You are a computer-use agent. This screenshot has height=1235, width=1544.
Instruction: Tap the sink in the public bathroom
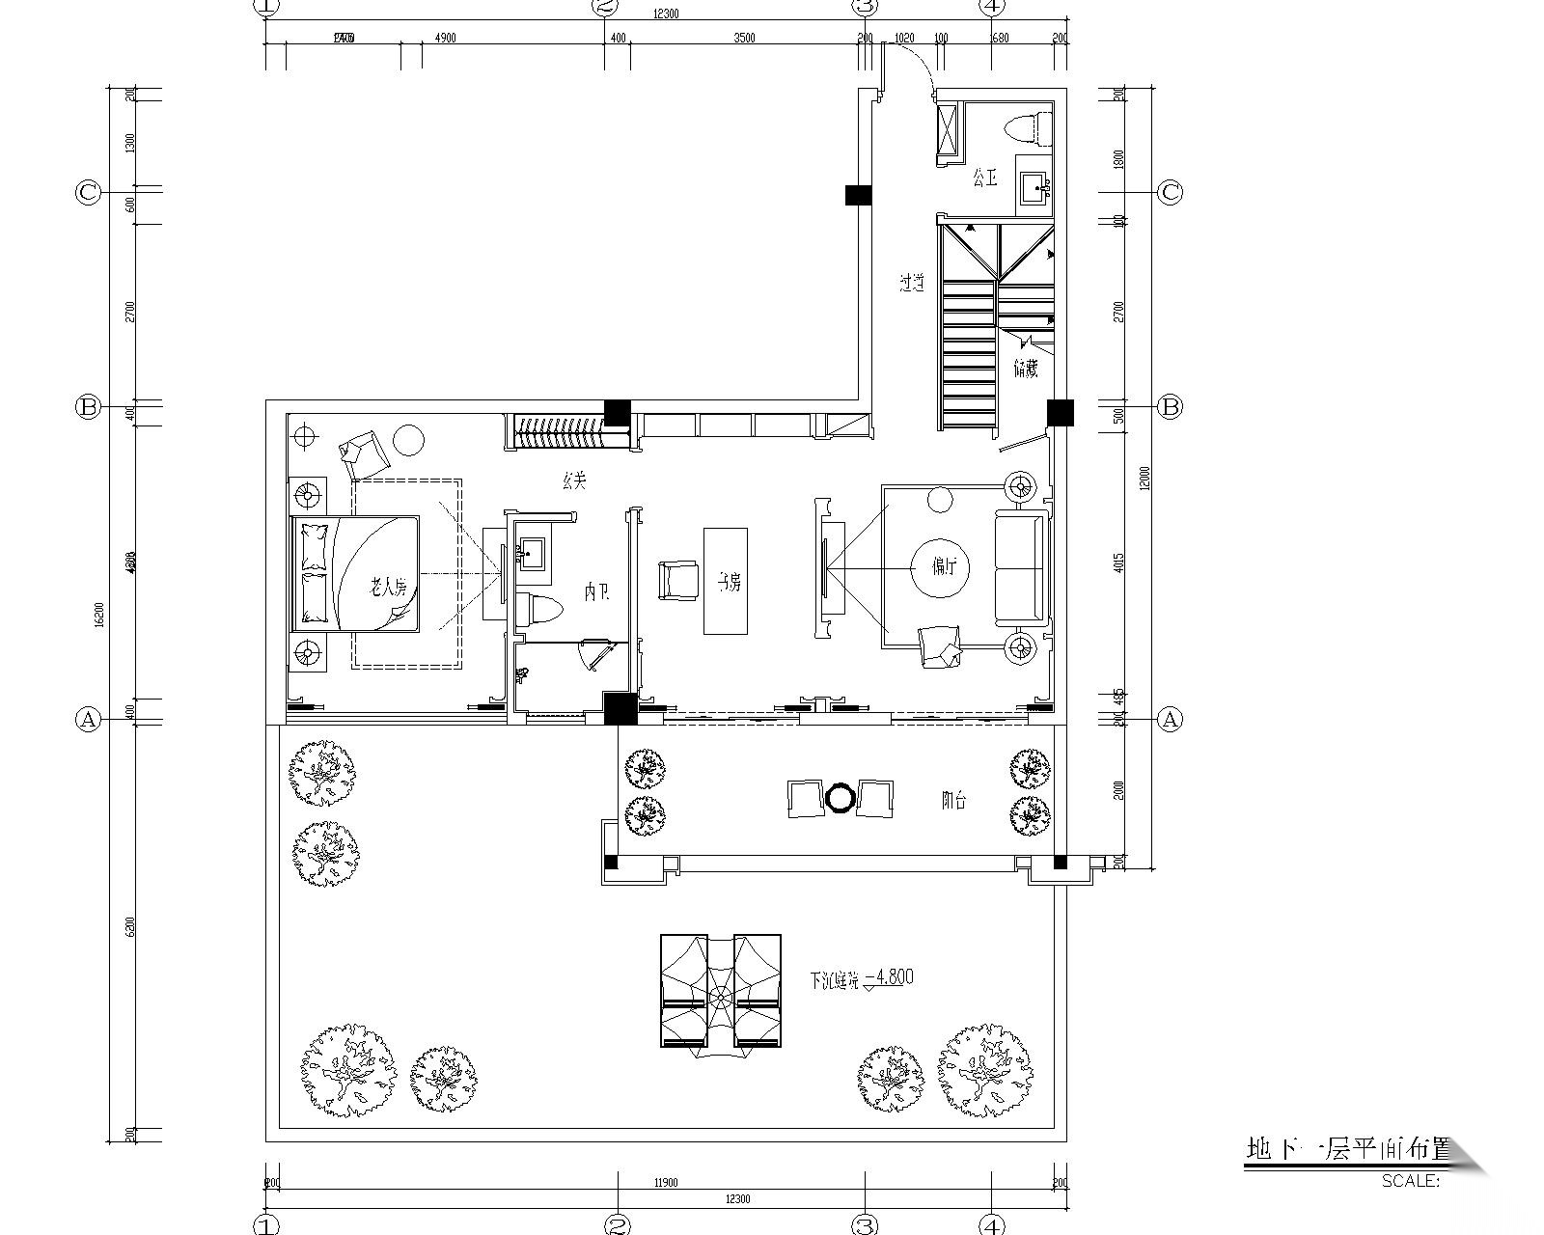tap(1035, 188)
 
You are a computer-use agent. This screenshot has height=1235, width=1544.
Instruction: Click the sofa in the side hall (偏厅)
tap(1021, 569)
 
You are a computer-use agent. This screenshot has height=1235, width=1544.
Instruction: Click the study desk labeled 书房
tap(726, 581)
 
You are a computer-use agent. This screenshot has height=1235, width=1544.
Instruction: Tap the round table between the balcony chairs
tap(840, 798)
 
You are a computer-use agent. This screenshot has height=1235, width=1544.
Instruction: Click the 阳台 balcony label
tap(953, 800)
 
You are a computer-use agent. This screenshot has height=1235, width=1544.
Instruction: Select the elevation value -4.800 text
tap(889, 977)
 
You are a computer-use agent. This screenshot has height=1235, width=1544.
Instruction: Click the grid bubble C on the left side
tap(88, 192)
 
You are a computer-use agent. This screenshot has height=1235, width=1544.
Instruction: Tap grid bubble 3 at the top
tap(865, 8)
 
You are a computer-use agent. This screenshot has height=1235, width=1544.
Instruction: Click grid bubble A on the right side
tap(1170, 719)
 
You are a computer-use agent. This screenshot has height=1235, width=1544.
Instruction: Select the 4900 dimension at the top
tap(445, 39)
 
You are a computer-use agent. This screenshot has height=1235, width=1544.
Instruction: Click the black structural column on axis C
tap(858, 195)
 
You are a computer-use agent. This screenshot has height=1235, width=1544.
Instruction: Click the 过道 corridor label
tap(912, 284)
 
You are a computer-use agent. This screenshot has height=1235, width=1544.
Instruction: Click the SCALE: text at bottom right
tap(1410, 1180)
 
